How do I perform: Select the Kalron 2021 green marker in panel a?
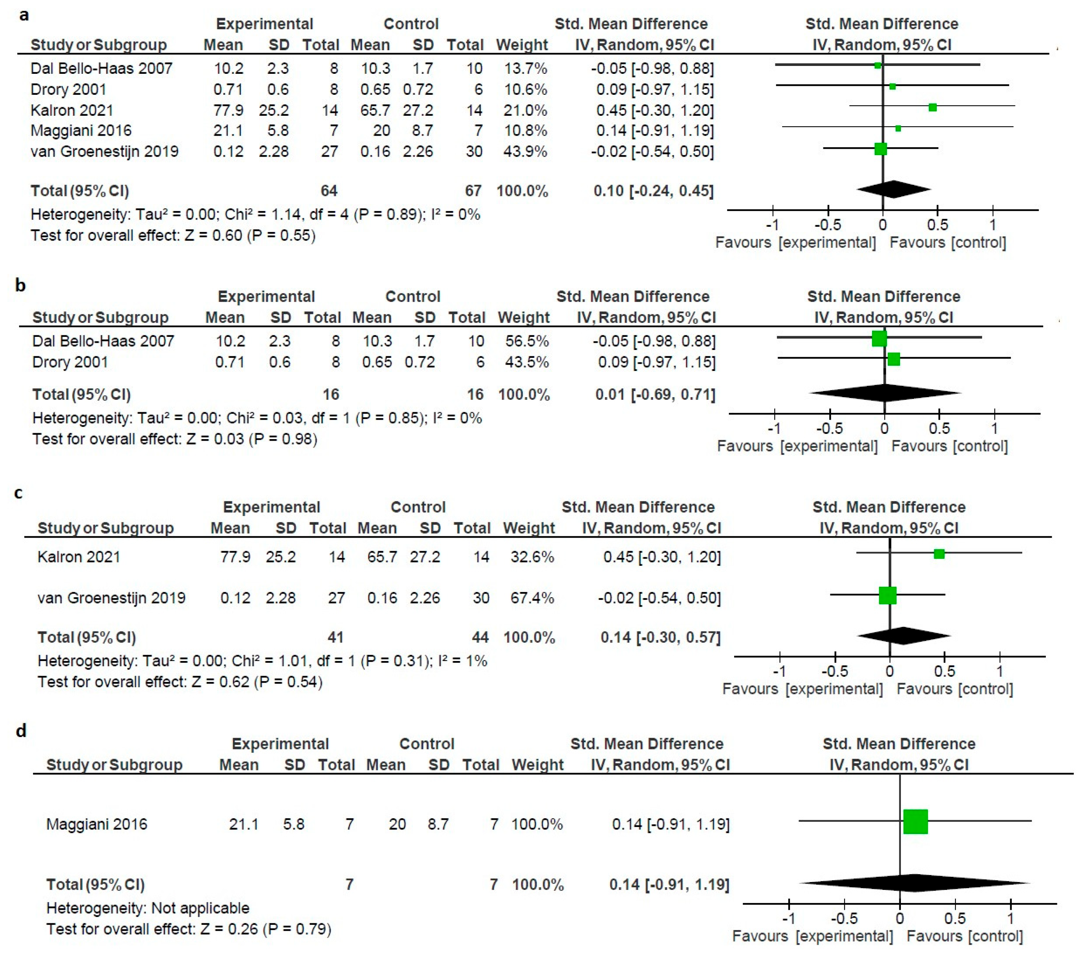932,108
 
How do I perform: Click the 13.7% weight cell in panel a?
526,69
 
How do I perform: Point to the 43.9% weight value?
526,152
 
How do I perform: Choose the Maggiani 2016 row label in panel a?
81,131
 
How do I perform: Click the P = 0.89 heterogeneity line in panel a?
255,215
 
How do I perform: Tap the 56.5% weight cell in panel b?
527,341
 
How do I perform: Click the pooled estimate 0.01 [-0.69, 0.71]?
655,395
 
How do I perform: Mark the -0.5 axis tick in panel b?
830,428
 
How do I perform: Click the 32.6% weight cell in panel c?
532,557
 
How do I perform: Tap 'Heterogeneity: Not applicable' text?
148,908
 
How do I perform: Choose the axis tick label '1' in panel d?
1011,918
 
